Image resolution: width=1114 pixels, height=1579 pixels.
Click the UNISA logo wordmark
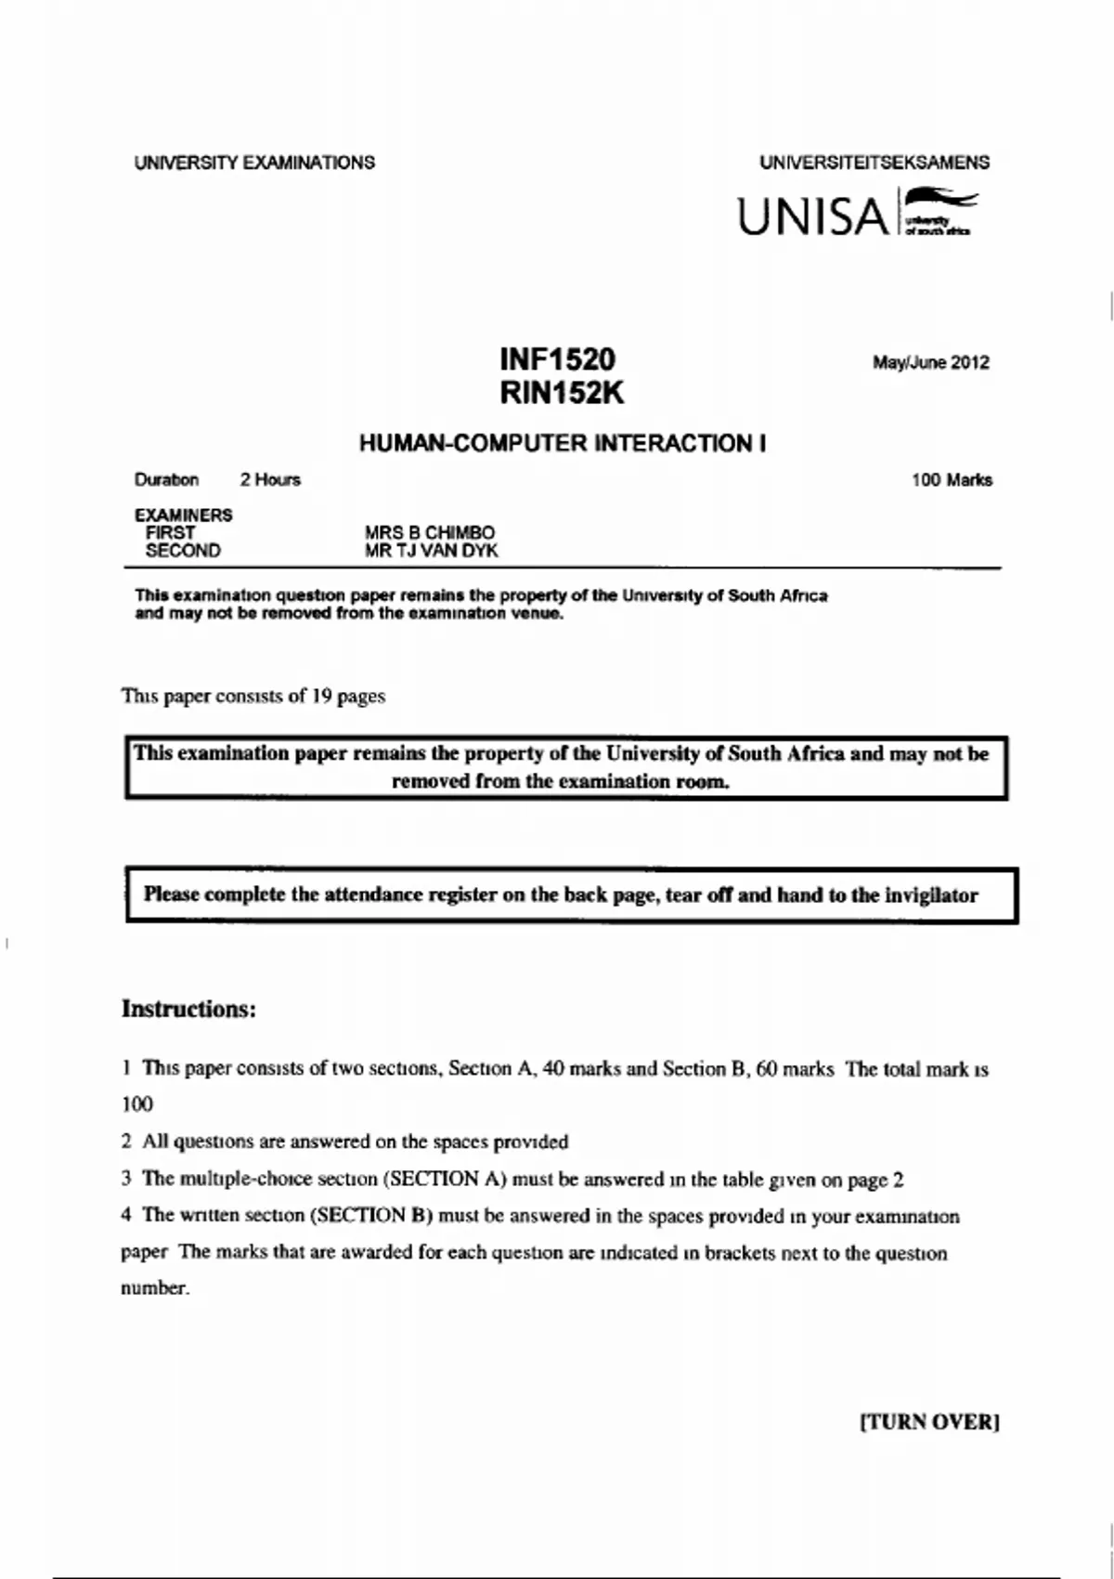(813, 216)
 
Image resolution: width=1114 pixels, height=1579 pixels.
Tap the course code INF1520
(557, 359)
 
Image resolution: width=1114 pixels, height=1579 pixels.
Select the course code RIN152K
(562, 393)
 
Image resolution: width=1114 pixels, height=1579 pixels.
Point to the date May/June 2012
(930, 362)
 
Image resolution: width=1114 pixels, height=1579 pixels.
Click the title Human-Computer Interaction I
(563, 443)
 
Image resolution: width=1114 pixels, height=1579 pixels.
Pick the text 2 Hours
(270, 480)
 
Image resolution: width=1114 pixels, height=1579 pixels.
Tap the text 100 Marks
(952, 480)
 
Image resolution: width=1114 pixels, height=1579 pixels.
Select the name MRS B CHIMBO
(430, 533)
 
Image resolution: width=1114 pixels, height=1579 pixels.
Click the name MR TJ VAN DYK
(432, 551)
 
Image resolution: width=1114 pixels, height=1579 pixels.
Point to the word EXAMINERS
(184, 515)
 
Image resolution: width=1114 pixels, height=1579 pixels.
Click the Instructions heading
(188, 1009)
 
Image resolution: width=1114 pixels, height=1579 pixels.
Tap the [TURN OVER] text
(930, 1422)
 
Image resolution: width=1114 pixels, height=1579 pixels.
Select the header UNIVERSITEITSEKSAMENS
(874, 163)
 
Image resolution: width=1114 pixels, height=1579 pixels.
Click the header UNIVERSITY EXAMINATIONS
(254, 163)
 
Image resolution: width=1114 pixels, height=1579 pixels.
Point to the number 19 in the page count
(321, 696)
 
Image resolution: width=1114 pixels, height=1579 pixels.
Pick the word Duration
(167, 480)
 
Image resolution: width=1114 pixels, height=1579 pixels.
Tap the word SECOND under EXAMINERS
(183, 551)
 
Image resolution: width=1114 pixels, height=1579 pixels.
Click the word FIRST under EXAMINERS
(171, 533)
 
